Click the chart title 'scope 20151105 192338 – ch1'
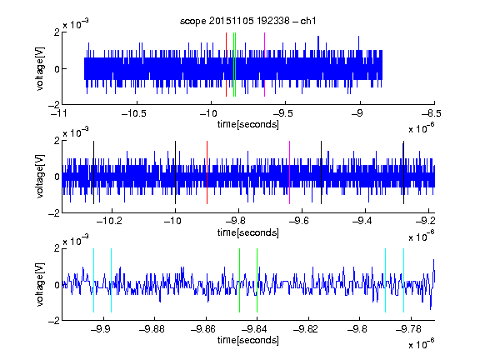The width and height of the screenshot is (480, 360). coord(248,21)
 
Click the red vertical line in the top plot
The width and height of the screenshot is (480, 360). coord(226,65)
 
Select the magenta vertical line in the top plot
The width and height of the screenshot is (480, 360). coord(264,65)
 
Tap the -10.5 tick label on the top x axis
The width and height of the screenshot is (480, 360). coord(134,113)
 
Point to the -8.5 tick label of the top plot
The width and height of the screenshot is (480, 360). coord(432,113)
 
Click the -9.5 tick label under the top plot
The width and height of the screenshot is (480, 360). coord(282,113)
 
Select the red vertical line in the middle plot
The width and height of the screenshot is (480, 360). coord(207,172)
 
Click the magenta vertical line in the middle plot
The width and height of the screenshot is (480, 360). coord(290,172)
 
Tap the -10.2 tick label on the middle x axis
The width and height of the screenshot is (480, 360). coord(109,221)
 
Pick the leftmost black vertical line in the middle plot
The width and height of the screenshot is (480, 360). coord(93,172)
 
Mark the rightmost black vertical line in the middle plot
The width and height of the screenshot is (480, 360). coord(404,172)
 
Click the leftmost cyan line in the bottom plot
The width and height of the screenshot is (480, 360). coord(93,280)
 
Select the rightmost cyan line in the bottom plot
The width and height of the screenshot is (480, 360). coord(404,280)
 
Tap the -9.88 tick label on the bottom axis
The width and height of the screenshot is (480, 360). coord(152,329)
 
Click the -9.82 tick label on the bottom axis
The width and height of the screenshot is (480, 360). coord(306,329)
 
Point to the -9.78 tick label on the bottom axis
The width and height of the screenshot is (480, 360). coord(408,329)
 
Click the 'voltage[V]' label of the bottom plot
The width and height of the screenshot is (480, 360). coord(40,284)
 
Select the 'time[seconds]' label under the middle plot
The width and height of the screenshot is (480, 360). coord(248,232)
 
